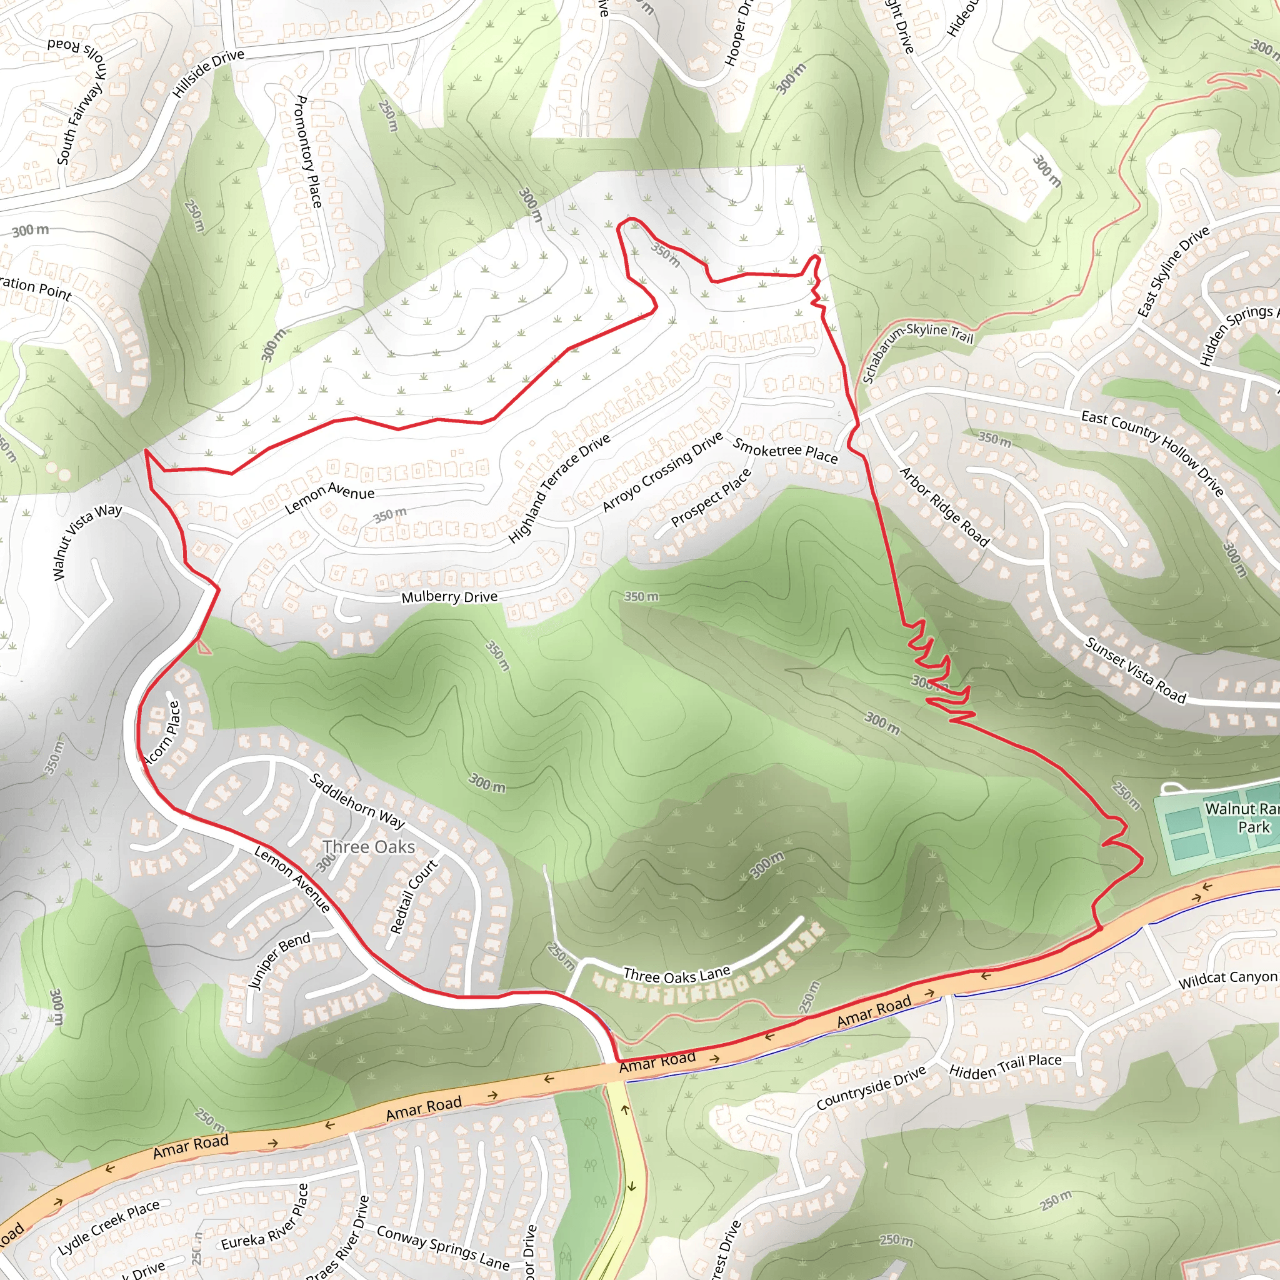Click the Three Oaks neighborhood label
click(369, 847)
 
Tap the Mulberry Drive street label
click(449, 596)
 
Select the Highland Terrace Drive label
click(559, 489)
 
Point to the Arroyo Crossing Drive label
click(662, 472)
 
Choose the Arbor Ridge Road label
click(944, 507)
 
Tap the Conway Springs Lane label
click(443, 1247)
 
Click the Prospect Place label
click(711, 497)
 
